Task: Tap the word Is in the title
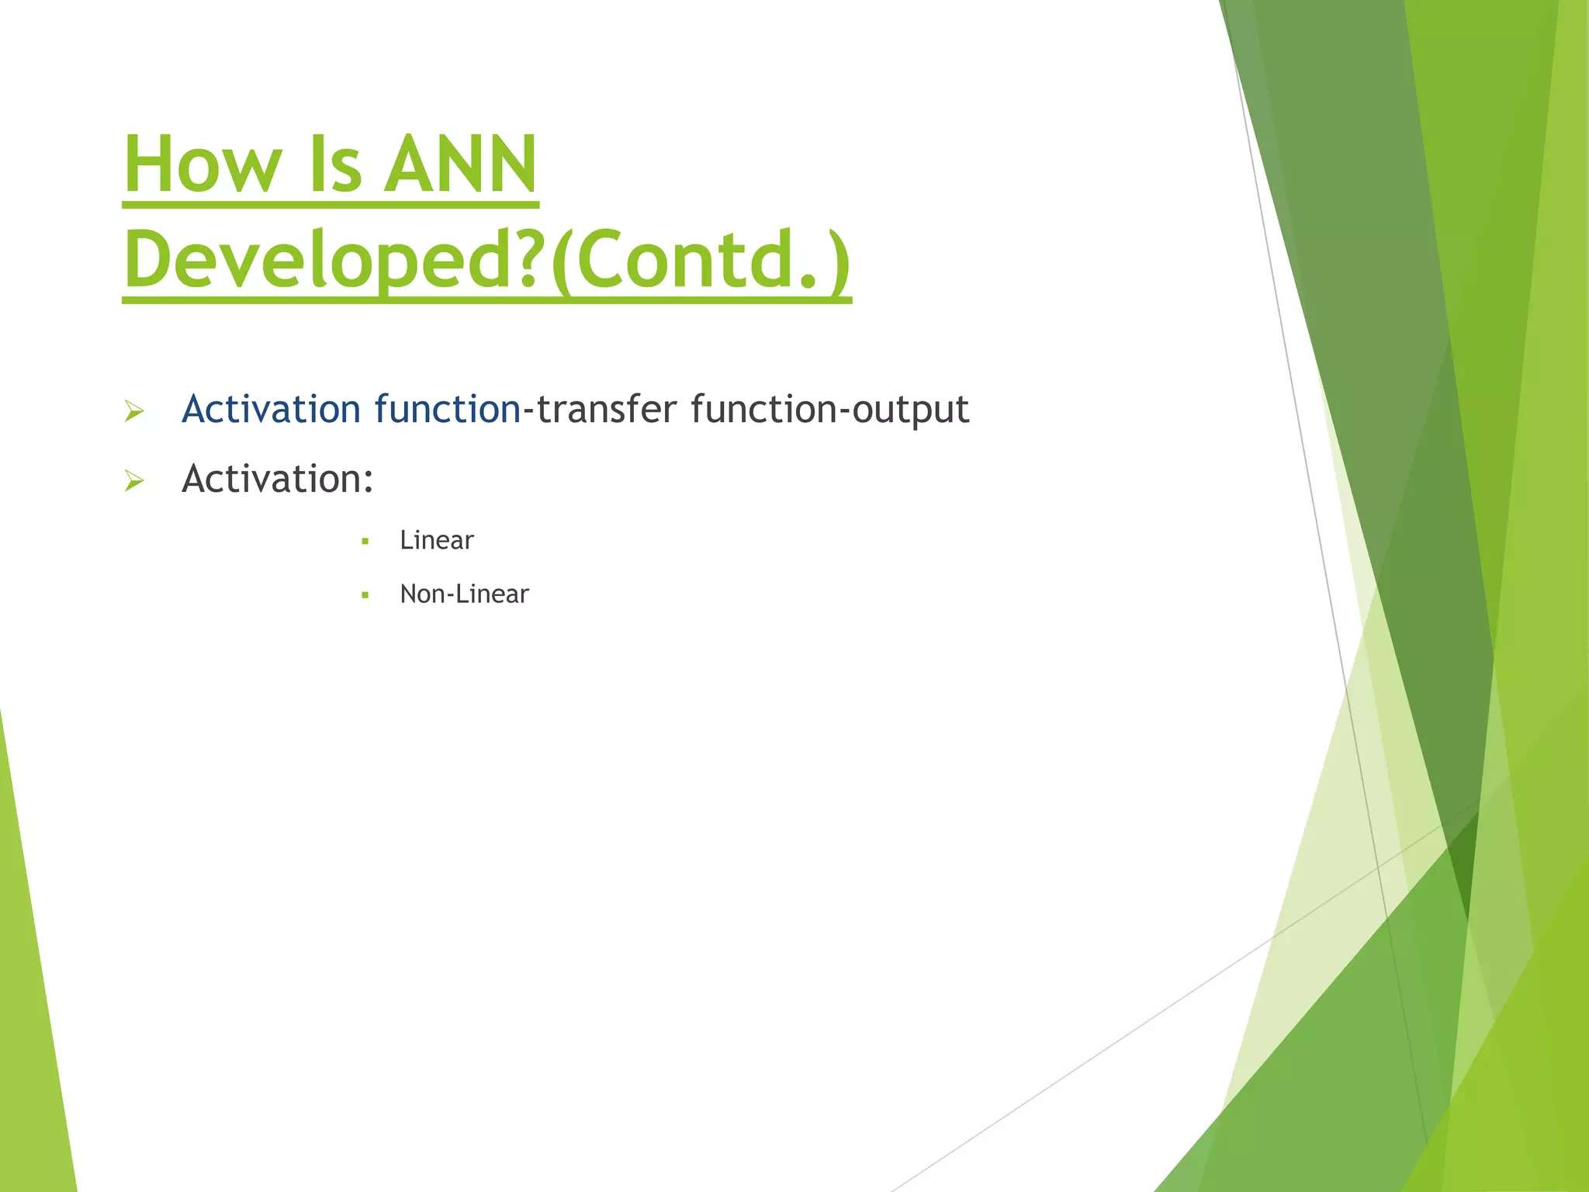[x=335, y=165]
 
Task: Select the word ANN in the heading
[x=461, y=165]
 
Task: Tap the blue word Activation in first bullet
[x=271, y=409]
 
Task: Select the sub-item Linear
[x=436, y=540]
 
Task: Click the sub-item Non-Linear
[x=464, y=594]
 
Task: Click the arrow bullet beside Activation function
[x=134, y=412]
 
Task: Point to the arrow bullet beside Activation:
[x=134, y=482]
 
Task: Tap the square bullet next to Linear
[x=365, y=542]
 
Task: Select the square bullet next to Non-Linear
[x=365, y=596]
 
